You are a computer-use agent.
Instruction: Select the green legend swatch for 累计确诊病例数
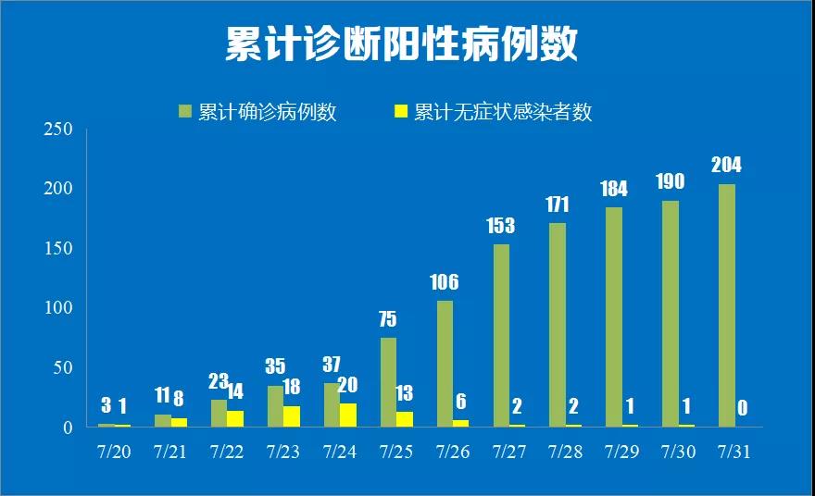point(185,112)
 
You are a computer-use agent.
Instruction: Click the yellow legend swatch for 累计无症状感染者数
point(401,112)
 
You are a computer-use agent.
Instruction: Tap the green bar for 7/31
point(727,305)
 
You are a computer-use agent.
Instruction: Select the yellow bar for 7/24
point(348,415)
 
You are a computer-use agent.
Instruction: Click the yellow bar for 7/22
point(235,419)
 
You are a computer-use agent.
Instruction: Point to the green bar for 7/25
point(388,382)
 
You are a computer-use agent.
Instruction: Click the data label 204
point(726,166)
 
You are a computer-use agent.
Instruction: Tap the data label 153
point(500,226)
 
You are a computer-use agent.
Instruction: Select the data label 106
point(444,282)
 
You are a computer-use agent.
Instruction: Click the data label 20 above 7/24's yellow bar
point(347,385)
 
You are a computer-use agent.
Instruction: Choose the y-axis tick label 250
point(58,130)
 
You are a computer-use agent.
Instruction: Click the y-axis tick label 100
point(58,308)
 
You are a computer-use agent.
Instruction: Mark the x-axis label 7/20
point(115,453)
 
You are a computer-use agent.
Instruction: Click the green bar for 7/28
point(558,325)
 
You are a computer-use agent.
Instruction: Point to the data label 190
point(670,181)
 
